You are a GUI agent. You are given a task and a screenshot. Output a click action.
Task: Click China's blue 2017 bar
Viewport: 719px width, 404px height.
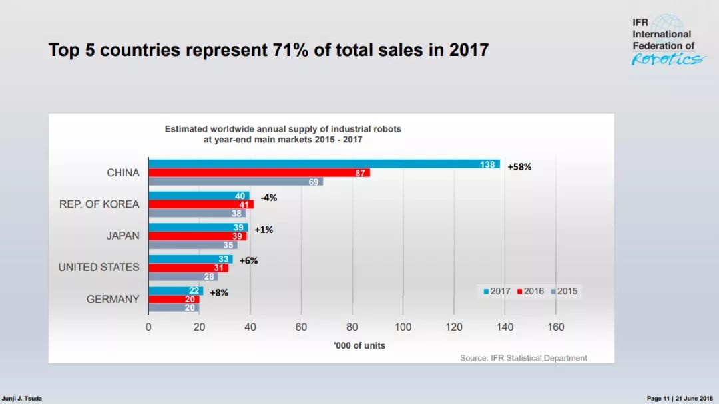[324, 164]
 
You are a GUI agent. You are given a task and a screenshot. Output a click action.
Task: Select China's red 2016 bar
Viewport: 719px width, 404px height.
[259, 173]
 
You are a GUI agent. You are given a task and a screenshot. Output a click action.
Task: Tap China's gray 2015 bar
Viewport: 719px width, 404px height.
[236, 182]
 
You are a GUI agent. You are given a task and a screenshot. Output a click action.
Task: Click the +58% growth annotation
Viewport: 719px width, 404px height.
[519, 167]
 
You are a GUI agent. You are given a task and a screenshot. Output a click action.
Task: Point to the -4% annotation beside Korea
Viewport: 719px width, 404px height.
[269, 198]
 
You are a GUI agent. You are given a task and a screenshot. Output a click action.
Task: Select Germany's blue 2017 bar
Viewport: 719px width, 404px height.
[176, 290]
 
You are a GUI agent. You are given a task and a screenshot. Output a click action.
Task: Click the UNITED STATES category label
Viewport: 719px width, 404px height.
[99, 267]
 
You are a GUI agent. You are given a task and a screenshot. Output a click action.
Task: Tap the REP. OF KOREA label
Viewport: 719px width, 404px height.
[99, 204]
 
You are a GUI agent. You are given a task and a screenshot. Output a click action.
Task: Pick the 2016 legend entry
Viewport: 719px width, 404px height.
[531, 291]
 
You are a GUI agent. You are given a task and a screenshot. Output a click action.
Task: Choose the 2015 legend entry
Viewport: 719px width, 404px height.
[564, 291]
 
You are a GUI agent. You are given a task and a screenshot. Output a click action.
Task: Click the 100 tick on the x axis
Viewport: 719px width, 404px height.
[403, 327]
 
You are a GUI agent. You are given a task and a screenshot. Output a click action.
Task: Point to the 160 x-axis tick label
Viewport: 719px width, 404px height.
[555, 327]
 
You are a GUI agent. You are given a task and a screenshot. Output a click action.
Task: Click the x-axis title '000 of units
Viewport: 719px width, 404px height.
[359, 345]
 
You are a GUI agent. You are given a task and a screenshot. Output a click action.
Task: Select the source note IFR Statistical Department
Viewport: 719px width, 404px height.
[523, 358]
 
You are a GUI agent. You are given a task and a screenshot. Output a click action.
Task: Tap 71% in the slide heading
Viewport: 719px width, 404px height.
[290, 50]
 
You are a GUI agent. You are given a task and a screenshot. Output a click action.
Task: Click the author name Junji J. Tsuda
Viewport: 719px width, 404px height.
[22, 398]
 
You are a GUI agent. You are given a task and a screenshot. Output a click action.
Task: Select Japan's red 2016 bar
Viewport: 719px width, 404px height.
[197, 236]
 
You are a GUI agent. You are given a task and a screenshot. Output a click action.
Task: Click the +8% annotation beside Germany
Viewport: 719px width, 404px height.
[219, 292]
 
